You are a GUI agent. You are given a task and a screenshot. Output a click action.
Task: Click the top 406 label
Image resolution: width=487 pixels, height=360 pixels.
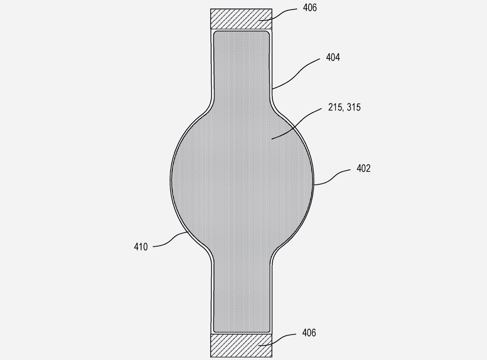[x=310, y=8]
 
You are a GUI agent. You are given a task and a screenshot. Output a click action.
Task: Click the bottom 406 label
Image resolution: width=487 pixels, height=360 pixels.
[x=309, y=333]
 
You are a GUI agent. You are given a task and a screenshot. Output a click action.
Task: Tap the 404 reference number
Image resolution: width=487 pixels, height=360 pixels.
[x=333, y=57]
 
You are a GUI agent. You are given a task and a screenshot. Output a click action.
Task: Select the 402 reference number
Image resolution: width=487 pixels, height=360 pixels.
[x=363, y=168]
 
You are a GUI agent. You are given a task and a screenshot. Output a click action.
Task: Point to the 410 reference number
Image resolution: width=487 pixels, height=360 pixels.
[x=141, y=247]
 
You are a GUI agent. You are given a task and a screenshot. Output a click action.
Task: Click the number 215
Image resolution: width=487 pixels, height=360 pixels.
[x=335, y=107]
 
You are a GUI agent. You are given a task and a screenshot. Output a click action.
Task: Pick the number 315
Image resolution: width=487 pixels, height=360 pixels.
[x=354, y=107]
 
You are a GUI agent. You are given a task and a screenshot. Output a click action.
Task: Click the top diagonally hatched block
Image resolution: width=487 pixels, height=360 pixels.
[x=241, y=19]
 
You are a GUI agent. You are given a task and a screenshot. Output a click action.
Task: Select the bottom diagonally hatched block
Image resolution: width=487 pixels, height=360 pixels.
[x=241, y=345]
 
